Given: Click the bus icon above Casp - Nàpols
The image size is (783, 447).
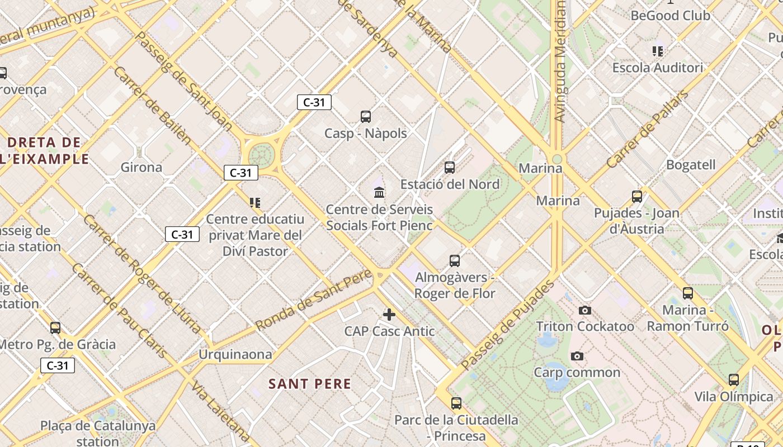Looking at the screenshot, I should tap(365, 116).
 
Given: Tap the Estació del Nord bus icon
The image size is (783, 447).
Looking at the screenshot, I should tap(450, 167).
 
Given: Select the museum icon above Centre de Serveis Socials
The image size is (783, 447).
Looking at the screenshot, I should tap(379, 192).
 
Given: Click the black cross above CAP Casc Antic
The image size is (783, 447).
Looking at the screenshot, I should tap(389, 314).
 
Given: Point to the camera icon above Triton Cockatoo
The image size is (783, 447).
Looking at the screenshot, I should tap(585, 310).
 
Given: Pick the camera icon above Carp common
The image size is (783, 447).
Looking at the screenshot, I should tap(577, 356).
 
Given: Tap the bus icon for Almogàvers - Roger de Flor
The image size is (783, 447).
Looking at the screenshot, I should tap(455, 260).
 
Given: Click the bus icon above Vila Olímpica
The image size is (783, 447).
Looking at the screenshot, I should tap(734, 380).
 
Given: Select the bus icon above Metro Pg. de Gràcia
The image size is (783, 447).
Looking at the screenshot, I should tap(55, 327).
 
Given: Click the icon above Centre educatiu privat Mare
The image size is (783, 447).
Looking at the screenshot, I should tap(255, 202).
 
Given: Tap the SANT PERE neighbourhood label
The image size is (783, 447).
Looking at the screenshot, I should tap(310, 384).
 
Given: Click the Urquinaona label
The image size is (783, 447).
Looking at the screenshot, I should tap(235, 354).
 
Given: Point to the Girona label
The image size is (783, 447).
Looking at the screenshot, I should tap(141, 167).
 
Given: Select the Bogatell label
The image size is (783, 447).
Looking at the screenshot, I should tap(691, 165).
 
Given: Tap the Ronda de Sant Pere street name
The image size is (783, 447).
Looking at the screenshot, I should tap(313, 299).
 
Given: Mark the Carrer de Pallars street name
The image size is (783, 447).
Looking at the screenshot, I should tap(648, 129).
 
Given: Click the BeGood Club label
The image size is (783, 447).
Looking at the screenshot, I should tap(670, 16).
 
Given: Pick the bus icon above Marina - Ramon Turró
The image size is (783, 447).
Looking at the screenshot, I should tap(688, 293).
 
